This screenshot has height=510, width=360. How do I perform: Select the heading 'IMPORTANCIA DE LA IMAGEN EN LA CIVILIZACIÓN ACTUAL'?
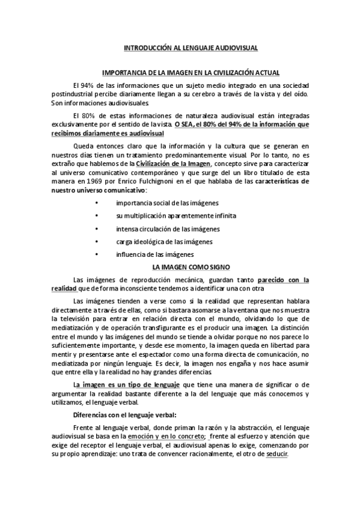(191, 72)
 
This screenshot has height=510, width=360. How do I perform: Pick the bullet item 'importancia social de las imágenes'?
(167, 203)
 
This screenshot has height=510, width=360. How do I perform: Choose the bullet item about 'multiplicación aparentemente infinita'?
(176, 216)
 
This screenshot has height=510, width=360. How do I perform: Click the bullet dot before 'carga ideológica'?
(97, 242)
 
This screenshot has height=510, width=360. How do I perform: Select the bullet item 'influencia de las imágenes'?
(154, 254)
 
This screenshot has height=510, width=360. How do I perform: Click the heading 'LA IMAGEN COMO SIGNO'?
(191, 266)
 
